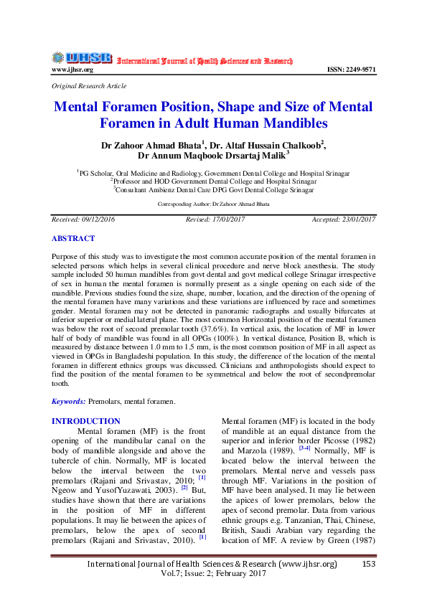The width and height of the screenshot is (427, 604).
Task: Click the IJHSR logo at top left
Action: click(81, 57)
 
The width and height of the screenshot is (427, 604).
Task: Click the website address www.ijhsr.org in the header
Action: click(72, 70)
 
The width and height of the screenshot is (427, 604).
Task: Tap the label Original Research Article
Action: click(89, 85)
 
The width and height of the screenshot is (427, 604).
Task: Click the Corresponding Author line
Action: click(213, 204)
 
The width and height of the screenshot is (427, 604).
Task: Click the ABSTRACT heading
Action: click(72, 237)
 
